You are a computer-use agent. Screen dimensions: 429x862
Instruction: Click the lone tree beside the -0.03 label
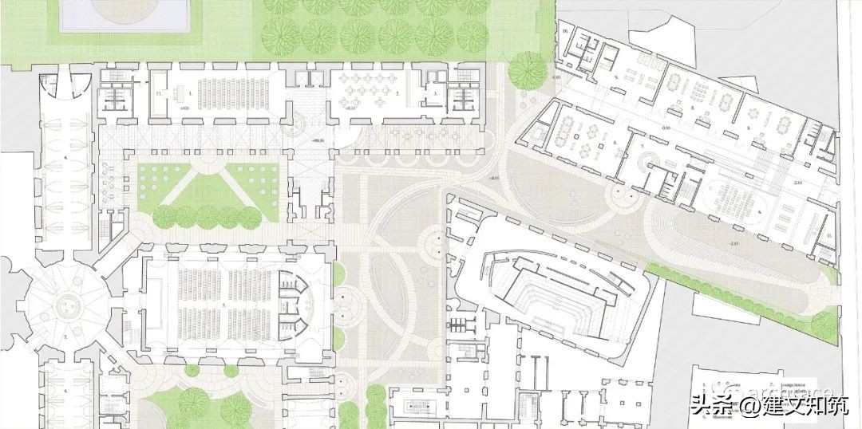point(528,69)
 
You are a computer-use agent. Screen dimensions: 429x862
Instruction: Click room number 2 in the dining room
point(397,93)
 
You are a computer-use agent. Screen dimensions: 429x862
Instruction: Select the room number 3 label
point(436,93)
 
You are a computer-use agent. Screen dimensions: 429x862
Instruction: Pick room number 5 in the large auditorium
point(224,305)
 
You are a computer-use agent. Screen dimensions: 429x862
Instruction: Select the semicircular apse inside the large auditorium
point(292,305)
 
